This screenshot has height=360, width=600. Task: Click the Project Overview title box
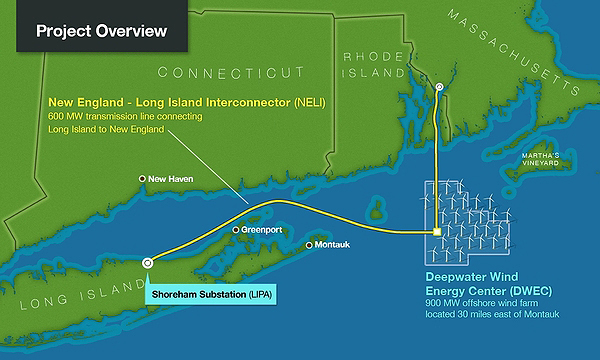click(100, 30)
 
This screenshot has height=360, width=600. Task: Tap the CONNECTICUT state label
click(231, 73)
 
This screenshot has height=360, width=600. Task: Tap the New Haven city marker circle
click(143, 180)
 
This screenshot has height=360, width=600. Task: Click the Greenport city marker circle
click(236, 229)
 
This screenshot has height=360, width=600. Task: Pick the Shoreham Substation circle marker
click(148, 262)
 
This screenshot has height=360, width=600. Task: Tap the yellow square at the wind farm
click(437, 233)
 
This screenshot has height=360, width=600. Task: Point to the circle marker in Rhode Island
click(438, 89)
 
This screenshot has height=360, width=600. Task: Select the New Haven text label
click(172, 180)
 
